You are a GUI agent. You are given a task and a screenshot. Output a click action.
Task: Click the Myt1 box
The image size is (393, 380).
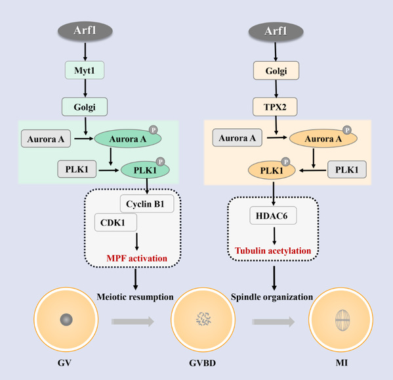point(85,70)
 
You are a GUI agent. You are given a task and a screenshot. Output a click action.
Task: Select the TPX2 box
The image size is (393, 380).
point(275,107)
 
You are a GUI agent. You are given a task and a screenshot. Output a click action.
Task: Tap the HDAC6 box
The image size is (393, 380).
point(273,216)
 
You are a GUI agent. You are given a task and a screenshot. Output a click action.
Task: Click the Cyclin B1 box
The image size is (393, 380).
point(147,204)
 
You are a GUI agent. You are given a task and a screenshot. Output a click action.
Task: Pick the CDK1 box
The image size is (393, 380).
point(115,222)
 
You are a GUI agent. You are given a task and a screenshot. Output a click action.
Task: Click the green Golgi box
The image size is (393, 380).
point(85,107)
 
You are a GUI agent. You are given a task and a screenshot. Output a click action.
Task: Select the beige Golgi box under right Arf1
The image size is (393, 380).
point(276,70)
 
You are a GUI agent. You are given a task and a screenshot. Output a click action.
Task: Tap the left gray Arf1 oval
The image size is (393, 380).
point(85,31)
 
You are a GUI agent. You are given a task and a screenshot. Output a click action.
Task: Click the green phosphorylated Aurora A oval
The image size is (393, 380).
point(128,138)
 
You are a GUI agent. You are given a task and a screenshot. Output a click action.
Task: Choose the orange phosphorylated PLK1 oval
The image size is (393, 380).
point(272,170)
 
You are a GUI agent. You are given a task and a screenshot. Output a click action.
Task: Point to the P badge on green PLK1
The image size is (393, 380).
point(160,162)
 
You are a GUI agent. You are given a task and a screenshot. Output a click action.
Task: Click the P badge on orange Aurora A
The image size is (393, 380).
point(347,130)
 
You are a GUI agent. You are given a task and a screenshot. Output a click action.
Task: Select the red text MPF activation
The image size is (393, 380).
point(137,258)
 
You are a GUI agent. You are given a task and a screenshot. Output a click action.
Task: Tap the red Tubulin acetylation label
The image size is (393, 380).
point(273,250)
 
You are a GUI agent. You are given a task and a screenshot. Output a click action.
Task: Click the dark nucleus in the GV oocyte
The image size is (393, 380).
point(66,320)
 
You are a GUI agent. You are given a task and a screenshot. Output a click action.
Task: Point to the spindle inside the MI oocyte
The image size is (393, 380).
point(342,320)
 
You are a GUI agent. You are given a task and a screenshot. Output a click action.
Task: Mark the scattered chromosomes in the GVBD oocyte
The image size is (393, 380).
point(203,319)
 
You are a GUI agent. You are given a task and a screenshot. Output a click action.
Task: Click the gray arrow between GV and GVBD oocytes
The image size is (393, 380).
point(133,321)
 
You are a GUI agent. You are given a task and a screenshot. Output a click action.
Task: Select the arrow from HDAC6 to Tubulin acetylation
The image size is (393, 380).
point(274,236)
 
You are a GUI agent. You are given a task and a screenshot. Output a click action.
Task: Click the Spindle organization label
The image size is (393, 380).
point(272,297)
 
